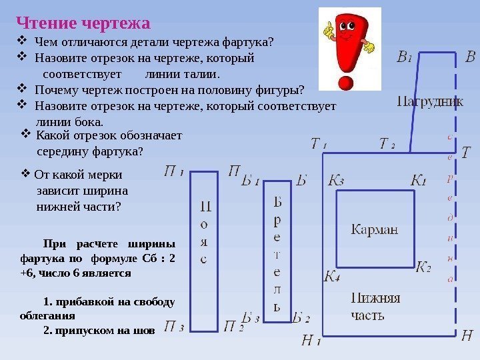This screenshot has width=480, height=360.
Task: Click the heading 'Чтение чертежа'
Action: point(83,23)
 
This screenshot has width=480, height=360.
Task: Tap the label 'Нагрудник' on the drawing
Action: point(430,101)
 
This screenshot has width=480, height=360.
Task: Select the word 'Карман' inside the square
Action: point(374,229)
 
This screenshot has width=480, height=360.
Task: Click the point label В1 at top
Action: point(404,57)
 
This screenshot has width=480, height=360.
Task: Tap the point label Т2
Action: point(387,144)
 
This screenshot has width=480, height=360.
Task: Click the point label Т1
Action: point(318,144)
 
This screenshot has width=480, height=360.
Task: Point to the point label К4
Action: point(332,277)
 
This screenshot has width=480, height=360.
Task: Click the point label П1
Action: point(173,171)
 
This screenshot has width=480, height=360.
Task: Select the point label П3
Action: point(173,327)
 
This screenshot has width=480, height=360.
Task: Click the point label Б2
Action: point(301,318)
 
